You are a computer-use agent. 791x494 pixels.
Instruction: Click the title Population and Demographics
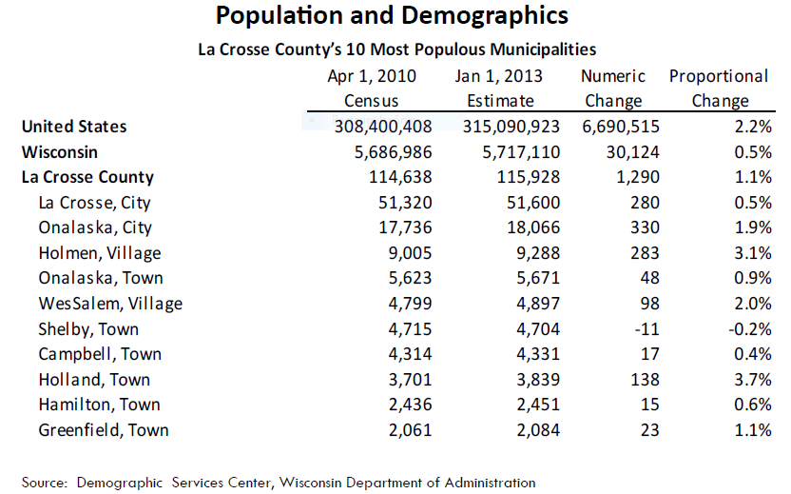tap(392, 15)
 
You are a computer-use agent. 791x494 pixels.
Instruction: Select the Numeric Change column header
tap(613, 88)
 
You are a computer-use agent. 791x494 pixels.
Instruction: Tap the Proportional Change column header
tap(719, 88)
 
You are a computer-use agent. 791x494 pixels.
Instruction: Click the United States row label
tap(74, 127)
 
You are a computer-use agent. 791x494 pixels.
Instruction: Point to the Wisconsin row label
tap(60, 152)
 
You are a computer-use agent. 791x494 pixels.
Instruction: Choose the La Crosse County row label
tap(87, 177)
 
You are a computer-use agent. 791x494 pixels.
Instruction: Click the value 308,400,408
tap(383, 127)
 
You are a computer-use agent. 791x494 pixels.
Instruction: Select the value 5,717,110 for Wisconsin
tap(521, 152)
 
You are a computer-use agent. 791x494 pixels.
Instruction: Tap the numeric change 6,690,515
tap(621, 127)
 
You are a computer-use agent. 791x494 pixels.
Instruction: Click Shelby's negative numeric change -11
tap(647, 329)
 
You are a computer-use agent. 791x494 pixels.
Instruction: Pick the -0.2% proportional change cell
tap(750, 329)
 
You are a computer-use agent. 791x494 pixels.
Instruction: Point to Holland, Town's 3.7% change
tap(753, 380)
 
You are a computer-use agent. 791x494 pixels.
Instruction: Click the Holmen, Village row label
tap(100, 253)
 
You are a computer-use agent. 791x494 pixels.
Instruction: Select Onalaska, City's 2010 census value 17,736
tap(406, 227)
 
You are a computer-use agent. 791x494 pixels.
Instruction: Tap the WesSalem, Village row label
tap(110, 304)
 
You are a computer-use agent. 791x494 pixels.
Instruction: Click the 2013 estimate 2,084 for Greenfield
tap(538, 430)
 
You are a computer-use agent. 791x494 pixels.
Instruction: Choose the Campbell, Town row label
tap(100, 354)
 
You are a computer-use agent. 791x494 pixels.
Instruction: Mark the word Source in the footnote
tap(44, 483)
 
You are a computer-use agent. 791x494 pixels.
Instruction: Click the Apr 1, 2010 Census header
tap(372, 88)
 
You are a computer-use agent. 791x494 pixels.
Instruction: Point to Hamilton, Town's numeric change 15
tap(649, 405)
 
